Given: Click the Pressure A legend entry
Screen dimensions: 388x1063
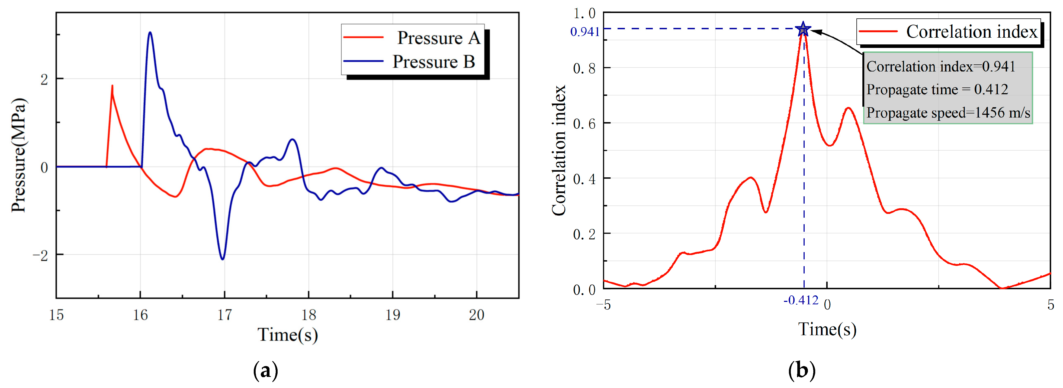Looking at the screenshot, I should point(413,38).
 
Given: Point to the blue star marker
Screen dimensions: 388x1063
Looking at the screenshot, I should point(803,29).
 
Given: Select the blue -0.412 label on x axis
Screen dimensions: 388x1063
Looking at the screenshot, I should point(801,300).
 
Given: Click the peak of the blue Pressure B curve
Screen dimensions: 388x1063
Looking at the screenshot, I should point(150,32).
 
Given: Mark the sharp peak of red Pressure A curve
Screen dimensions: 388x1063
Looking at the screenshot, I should point(112,86).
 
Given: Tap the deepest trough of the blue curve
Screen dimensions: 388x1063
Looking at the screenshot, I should point(223,259).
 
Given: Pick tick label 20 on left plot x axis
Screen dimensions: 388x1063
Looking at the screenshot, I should point(477,315).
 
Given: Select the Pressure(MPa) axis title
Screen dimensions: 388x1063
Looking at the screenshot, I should point(18,155).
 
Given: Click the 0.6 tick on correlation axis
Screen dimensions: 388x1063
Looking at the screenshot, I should point(584,124).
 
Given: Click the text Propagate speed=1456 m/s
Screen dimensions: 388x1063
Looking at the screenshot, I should point(948,113).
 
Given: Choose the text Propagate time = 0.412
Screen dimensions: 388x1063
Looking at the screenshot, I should point(937,89).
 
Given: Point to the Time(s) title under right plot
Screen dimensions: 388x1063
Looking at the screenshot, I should point(827,330).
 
